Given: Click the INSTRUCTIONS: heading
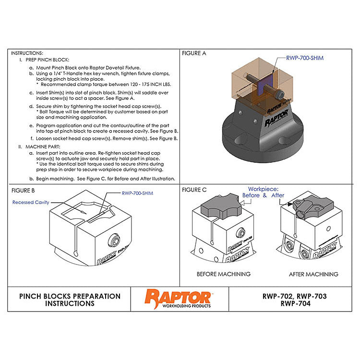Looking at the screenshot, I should pos(27,53).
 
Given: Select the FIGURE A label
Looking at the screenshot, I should pos(194,53).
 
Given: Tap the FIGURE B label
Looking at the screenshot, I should pos(23,190).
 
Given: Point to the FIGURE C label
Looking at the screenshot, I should pos(194,190).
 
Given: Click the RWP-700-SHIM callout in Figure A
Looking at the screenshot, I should pos(305,58).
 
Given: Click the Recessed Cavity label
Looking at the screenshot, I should pos(31,203).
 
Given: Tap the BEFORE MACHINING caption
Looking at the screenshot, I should pos(224,274).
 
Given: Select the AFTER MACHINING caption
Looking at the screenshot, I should pos(313,274).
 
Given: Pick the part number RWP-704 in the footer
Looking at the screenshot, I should pos(294,303).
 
